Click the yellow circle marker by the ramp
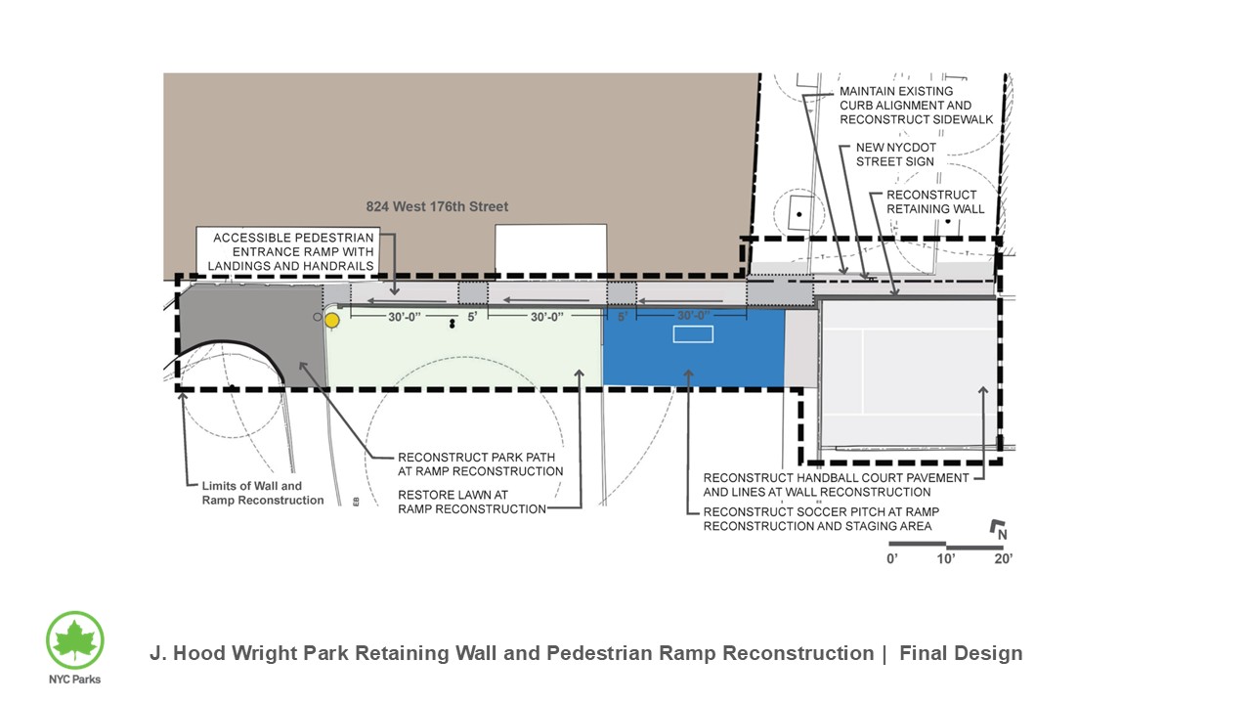[x=332, y=320]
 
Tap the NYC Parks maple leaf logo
[x=75, y=640]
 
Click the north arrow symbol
[x=999, y=530]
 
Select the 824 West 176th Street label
[x=437, y=207]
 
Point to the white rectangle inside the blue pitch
[x=693, y=334]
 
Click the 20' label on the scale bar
[x=1003, y=559]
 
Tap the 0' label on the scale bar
[x=892, y=559]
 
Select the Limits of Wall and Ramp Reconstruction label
[x=263, y=493]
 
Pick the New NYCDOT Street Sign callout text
[x=895, y=154]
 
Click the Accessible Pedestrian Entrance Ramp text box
[x=293, y=252]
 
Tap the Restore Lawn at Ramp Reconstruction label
[x=471, y=502]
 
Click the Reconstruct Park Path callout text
[x=480, y=463]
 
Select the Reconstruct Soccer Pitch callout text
[x=821, y=518]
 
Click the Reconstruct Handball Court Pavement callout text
[x=836, y=484]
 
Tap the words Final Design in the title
[x=961, y=653]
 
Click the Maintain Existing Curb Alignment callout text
[x=916, y=106]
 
